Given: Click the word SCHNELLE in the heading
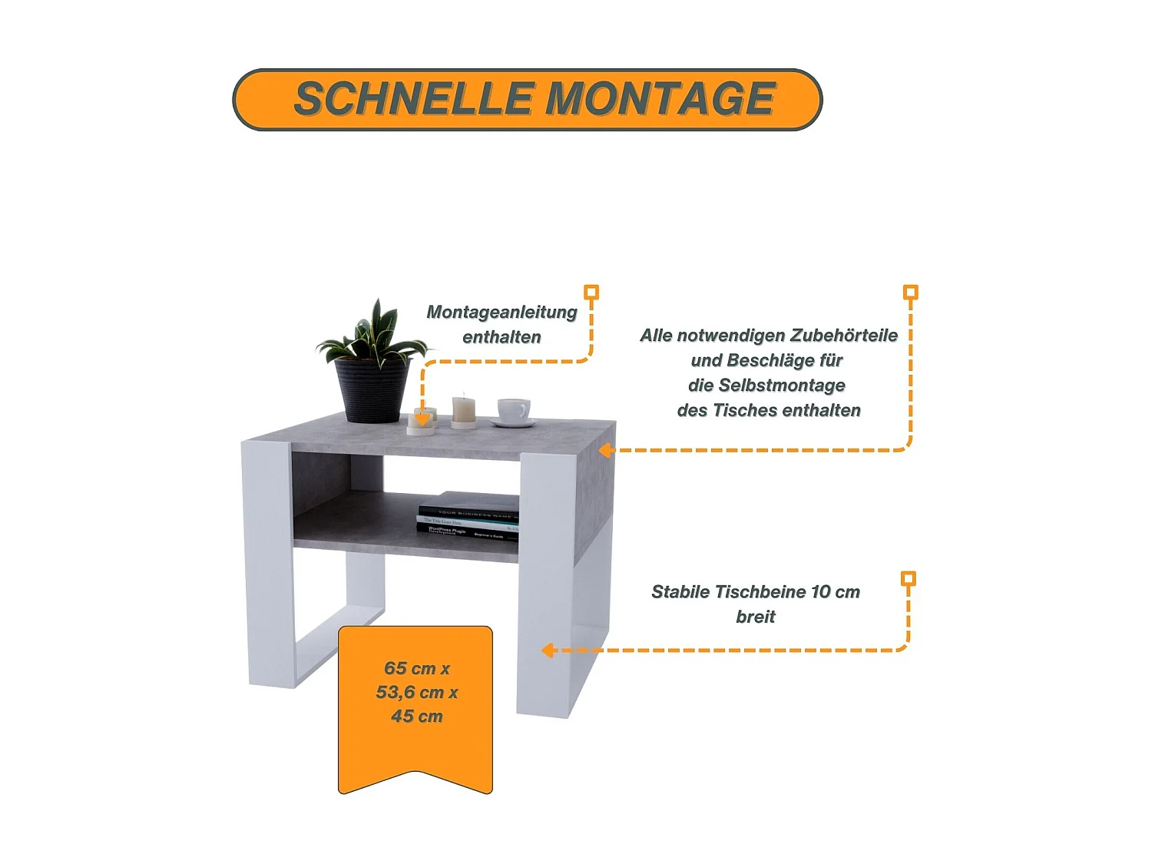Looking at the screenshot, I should coord(414,99).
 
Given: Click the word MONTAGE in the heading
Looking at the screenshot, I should coord(660,99).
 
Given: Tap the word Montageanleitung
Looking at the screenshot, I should coord(502,312).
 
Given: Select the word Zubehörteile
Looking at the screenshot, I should coord(844,335).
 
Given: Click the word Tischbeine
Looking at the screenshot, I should coord(760,591).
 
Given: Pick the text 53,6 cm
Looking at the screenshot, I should coord(410,692).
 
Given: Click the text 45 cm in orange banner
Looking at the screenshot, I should coord(417,716).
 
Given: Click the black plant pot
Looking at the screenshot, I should coord(372,389).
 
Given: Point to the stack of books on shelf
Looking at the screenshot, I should coord(469,516).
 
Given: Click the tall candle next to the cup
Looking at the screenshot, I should coord(463,409).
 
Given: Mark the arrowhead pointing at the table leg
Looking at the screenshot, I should coord(547,650).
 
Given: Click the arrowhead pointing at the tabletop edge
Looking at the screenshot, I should coord(605,450).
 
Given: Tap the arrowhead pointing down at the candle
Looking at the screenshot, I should coord(422,419).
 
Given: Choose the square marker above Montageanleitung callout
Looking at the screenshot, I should coord(591,292).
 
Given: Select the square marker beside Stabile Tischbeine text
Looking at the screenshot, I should coord(908,578).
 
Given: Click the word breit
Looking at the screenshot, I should coord(756,616).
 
